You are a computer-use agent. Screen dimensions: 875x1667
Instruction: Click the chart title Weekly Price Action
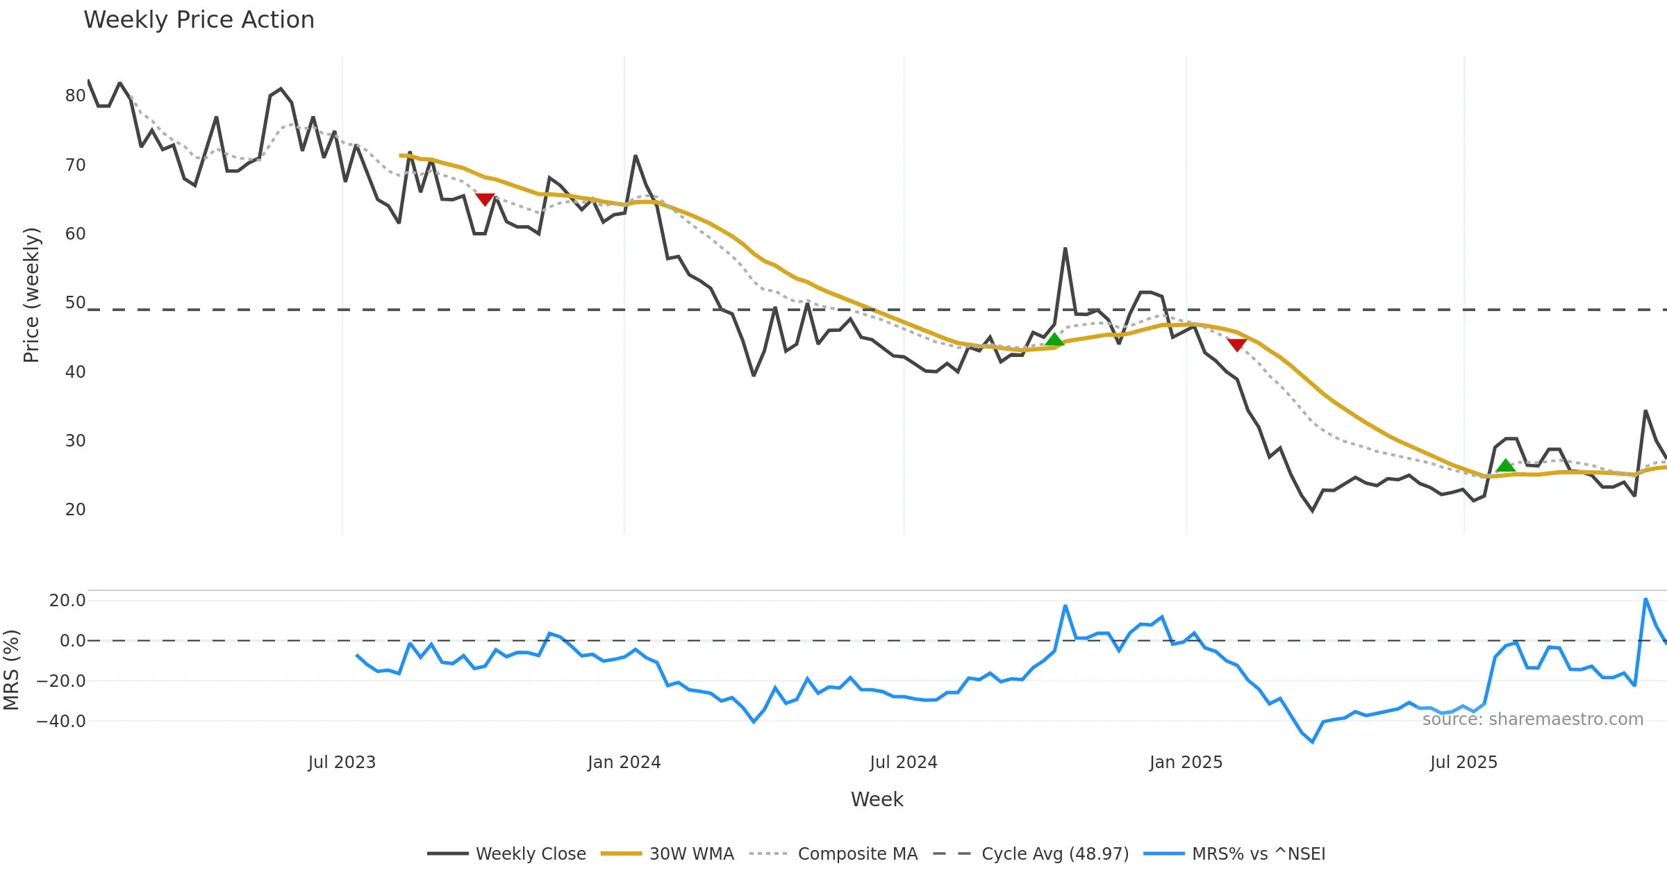(x=199, y=20)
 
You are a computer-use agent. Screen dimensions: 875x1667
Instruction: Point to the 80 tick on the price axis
(x=75, y=96)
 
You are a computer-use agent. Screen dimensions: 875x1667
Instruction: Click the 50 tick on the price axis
(x=75, y=303)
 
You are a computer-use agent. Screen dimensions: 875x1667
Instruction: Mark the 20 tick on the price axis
(x=75, y=510)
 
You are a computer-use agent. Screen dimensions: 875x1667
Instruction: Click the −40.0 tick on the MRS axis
(x=61, y=722)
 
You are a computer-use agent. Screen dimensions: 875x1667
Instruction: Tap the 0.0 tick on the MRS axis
(x=72, y=641)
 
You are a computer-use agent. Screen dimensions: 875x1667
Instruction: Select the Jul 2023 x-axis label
(x=342, y=762)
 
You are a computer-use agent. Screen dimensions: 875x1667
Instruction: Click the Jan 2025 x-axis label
(x=1186, y=762)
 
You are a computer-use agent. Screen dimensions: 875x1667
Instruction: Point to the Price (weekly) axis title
(x=32, y=295)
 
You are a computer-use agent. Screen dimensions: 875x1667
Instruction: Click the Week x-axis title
(x=877, y=800)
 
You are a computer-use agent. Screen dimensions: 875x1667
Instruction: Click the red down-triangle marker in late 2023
(x=485, y=199)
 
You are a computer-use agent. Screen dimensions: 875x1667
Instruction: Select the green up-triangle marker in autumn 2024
(x=1054, y=340)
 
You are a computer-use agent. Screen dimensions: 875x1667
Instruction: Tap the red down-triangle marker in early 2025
(x=1236, y=344)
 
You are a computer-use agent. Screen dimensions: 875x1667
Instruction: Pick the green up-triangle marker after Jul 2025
(x=1505, y=465)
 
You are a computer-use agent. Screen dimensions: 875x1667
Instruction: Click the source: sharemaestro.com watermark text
(x=1532, y=719)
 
